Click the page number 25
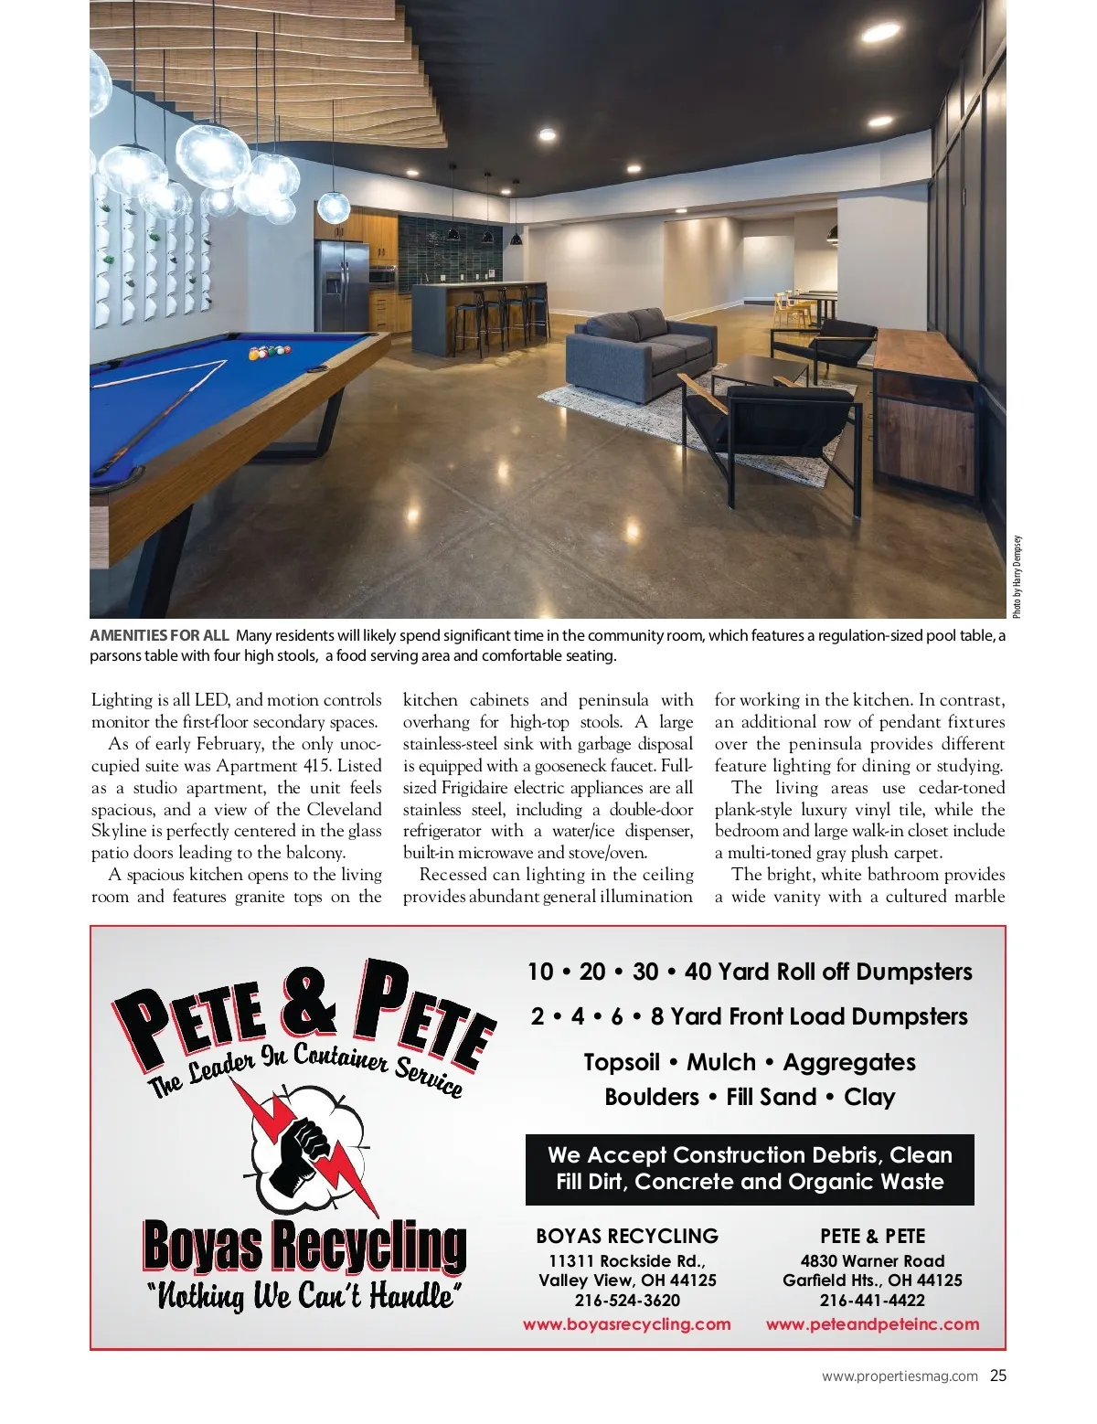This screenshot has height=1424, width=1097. [x=998, y=1376]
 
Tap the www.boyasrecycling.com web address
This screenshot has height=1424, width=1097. [x=626, y=1323]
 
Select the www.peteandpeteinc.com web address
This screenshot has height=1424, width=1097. [x=872, y=1323]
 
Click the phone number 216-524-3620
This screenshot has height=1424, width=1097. [x=627, y=1301]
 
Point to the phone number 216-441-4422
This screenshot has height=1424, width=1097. [x=872, y=1301]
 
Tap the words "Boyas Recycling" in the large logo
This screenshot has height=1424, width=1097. [x=304, y=1247]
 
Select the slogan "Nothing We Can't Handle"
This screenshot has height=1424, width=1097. [x=304, y=1297]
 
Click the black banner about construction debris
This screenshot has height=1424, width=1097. [x=750, y=1168]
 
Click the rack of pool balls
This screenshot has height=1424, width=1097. [x=270, y=350]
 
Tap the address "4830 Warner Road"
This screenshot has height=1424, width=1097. [x=872, y=1260]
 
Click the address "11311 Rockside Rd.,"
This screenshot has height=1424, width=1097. [x=627, y=1260]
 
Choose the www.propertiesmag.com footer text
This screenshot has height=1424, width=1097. [x=900, y=1376]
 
